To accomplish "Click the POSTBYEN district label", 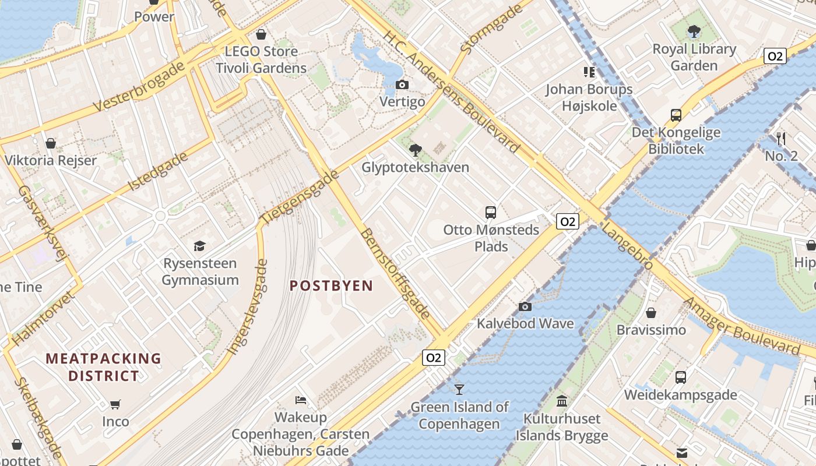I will (331, 285).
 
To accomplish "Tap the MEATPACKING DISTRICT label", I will (103, 367).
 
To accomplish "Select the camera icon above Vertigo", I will (402, 85).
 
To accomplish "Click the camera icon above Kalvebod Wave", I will (525, 306).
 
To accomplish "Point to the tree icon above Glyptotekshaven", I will (415, 150).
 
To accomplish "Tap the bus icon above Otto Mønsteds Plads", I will (491, 212).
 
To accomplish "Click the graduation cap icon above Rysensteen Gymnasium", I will (200, 246).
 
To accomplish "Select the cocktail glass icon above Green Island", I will (459, 389).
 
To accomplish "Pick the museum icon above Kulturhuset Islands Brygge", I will (562, 401).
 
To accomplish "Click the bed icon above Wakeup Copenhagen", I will (301, 400).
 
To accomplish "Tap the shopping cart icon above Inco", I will (115, 404).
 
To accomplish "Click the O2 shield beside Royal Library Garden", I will (775, 57).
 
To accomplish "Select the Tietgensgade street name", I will (299, 197).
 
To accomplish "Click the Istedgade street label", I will (158, 171).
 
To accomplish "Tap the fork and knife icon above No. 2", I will (781, 139).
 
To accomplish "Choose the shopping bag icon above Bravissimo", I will (651, 313).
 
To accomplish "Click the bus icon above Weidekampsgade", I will (680, 377).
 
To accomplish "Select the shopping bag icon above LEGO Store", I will (261, 34).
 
